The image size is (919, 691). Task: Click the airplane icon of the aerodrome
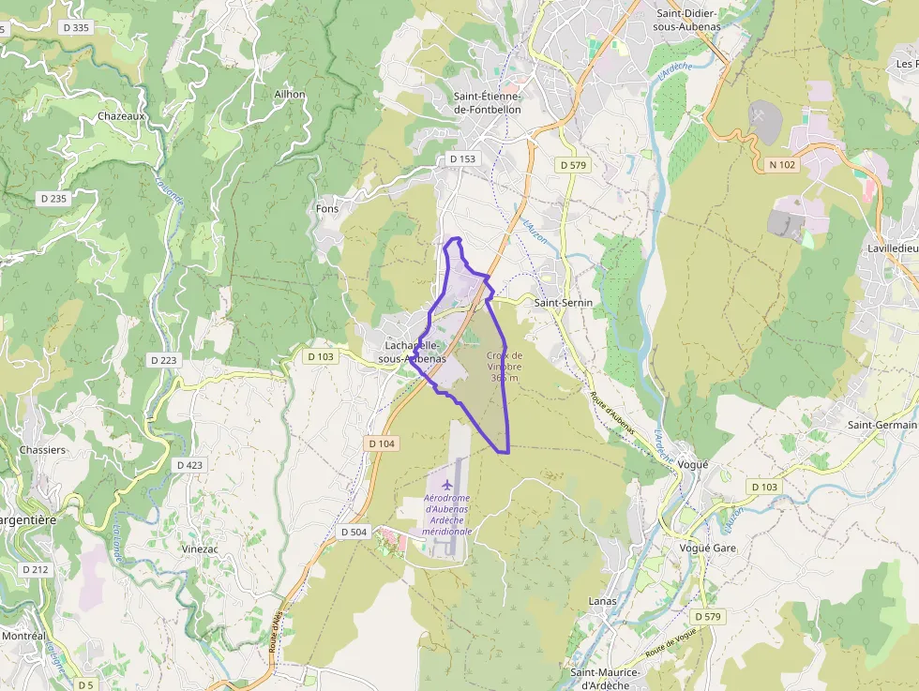click(446, 485)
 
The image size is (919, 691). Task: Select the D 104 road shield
click(382, 443)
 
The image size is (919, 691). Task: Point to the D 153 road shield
click(462, 159)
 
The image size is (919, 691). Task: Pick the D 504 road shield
click(354, 532)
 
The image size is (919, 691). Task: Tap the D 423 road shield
click(189, 465)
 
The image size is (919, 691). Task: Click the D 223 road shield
click(163, 360)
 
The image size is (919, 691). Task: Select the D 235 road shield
click(53, 199)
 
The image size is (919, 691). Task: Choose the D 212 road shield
click(35, 569)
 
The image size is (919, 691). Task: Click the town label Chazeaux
click(122, 117)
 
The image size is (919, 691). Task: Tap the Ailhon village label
click(290, 95)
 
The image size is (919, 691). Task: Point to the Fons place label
click(327, 209)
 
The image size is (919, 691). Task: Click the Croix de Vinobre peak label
click(505, 366)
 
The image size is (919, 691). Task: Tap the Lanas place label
click(602, 600)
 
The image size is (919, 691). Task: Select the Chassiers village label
click(42, 450)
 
